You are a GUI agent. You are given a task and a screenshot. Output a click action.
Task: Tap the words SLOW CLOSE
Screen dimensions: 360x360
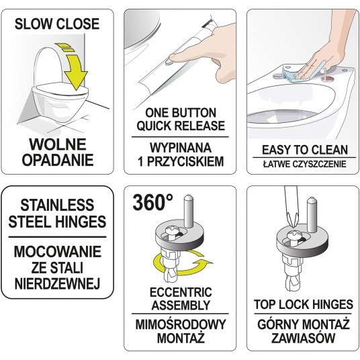click(x=57, y=24)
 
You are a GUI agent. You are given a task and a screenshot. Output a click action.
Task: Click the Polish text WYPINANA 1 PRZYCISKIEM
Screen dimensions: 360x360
click(x=179, y=154)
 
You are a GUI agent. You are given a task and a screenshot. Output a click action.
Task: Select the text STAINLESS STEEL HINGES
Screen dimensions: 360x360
click(x=58, y=214)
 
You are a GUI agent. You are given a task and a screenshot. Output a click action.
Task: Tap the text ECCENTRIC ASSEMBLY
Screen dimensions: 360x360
click(x=179, y=299)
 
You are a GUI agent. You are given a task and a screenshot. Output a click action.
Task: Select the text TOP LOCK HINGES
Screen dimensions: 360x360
click(x=302, y=304)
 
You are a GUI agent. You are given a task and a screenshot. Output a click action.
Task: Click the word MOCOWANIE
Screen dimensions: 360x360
click(x=58, y=253)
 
